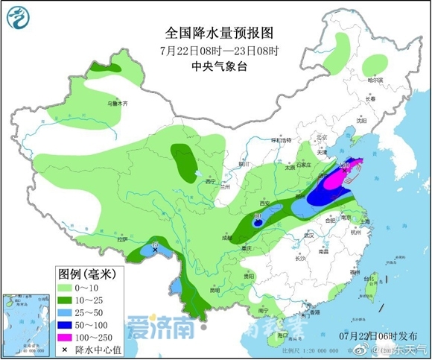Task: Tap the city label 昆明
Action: point(214,289)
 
